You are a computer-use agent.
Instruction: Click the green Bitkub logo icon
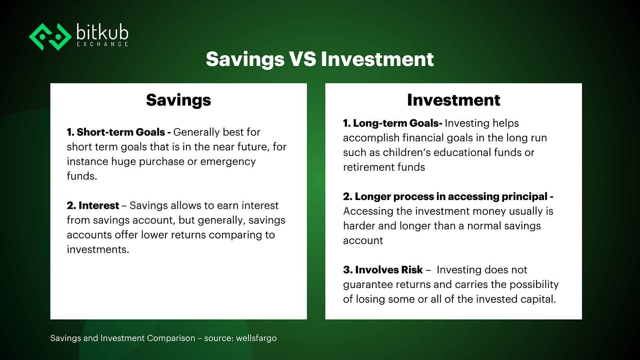[50, 37]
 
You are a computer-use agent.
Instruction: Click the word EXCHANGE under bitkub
[102, 44]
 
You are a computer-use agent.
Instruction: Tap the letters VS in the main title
[302, 59]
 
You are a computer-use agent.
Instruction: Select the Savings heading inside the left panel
[178, 100]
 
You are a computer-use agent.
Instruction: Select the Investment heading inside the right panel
[454, 100]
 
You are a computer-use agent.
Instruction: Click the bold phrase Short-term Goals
[121, 132]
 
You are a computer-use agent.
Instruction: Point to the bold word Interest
[99, 206]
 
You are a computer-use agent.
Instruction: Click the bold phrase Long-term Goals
[396, 123]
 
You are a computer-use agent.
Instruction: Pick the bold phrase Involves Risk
[389, 270]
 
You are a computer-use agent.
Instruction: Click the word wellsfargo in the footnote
[256, 338]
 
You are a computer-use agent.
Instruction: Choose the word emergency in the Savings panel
[228, 162]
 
